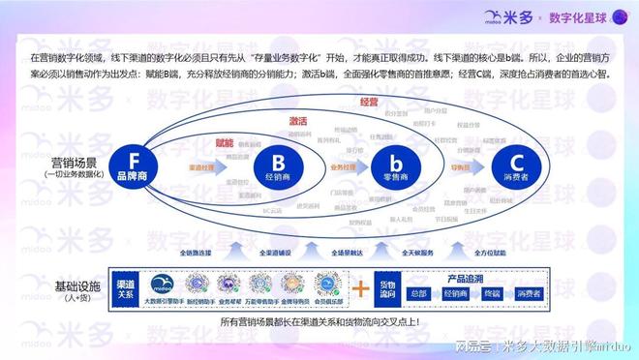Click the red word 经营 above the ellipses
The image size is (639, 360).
point(369,102)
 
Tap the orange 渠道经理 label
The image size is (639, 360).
point(201,166)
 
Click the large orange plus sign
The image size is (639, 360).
point(359,288)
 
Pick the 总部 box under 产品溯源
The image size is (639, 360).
point(417,293)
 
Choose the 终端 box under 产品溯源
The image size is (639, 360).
point(492,293)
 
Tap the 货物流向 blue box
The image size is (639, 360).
point(386,287)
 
